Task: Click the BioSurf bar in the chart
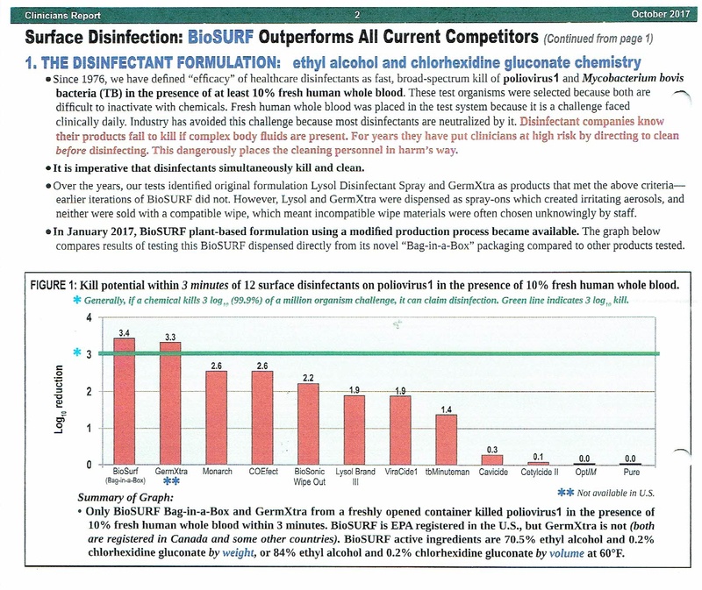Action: (124, 402)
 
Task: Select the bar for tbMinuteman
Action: (447, 440)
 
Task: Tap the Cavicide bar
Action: (492, 460)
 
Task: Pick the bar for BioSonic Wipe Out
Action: (309, 424)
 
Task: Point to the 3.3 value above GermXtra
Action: (170, 338)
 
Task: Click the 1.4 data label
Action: (447, 409)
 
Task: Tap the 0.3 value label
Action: (492, 450)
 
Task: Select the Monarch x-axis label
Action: (217, 472)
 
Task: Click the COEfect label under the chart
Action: (263, 472)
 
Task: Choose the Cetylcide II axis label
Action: (540, 472)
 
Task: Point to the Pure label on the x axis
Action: (631, 472)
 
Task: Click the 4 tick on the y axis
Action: (90, 318)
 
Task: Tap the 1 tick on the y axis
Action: (90, 428)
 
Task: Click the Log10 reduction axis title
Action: (59, 399)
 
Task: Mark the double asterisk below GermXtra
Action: (171, 481)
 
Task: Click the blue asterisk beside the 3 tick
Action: (77, 352)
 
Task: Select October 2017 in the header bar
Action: (661, 14)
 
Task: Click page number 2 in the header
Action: (357, 15)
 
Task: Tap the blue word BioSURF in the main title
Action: (221, 37)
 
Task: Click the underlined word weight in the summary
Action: (238, 553)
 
